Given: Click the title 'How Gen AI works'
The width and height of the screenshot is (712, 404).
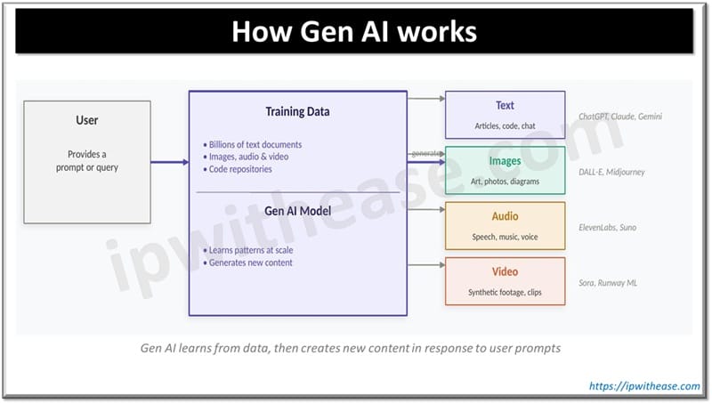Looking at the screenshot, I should coord(354,32).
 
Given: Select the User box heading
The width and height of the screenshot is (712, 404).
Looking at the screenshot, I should coord(87,120).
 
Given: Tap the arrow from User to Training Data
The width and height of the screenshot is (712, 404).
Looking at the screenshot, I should coord(169,162).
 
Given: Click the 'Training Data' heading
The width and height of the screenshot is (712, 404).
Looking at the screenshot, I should coord(297,112).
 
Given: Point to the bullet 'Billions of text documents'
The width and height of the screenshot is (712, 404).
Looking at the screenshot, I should coord(256,144).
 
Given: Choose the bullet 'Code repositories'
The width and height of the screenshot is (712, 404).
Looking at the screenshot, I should coord(240,169).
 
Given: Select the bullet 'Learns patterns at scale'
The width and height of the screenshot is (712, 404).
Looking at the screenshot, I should coord(253,250).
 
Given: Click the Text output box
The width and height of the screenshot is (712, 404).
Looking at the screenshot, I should coord(505,115).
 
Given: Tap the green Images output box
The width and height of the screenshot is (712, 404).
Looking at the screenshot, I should coord(505,170).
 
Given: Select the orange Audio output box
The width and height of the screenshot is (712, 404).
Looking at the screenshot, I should coord(505,225).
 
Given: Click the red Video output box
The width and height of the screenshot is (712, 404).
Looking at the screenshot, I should coord(505,280).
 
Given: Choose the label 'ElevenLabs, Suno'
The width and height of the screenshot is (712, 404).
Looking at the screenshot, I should coord(607,227).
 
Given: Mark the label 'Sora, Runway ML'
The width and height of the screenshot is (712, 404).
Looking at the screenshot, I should coord(607,283).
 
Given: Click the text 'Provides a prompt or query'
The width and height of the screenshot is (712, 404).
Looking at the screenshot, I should coord(86,161).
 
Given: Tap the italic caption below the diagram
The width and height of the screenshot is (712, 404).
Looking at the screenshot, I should coord(351,348).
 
